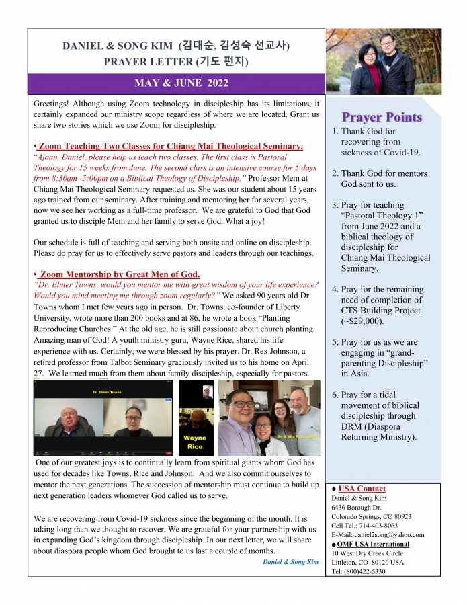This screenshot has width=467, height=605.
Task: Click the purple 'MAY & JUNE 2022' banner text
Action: click(x=175, y=83)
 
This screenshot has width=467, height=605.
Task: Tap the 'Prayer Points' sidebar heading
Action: click(x=382, y=117)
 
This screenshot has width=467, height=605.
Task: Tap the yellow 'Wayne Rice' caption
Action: click(x=194, y=442)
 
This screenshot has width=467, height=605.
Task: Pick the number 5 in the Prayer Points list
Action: click(x=335, y=342)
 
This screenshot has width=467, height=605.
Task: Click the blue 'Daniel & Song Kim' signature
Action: click(x=290, y=561)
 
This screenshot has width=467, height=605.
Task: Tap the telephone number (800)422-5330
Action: click(x=375, y=571)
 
